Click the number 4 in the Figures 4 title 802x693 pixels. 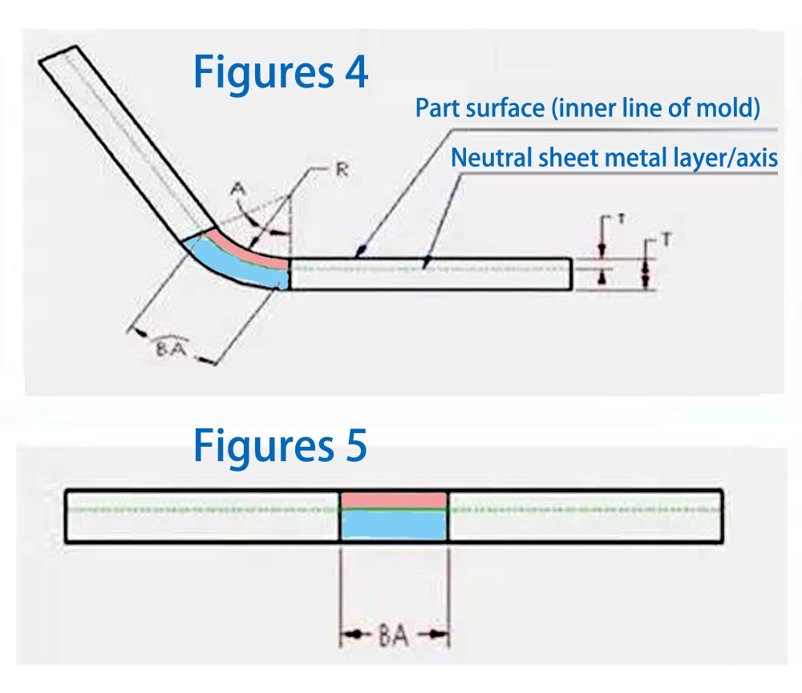pos(354,72)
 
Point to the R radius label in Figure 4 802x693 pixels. pos(342,170)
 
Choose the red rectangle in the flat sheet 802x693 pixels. pos(394,500)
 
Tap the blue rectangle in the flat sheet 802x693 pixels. pos(394,525)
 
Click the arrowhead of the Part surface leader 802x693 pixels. pos(359,254)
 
